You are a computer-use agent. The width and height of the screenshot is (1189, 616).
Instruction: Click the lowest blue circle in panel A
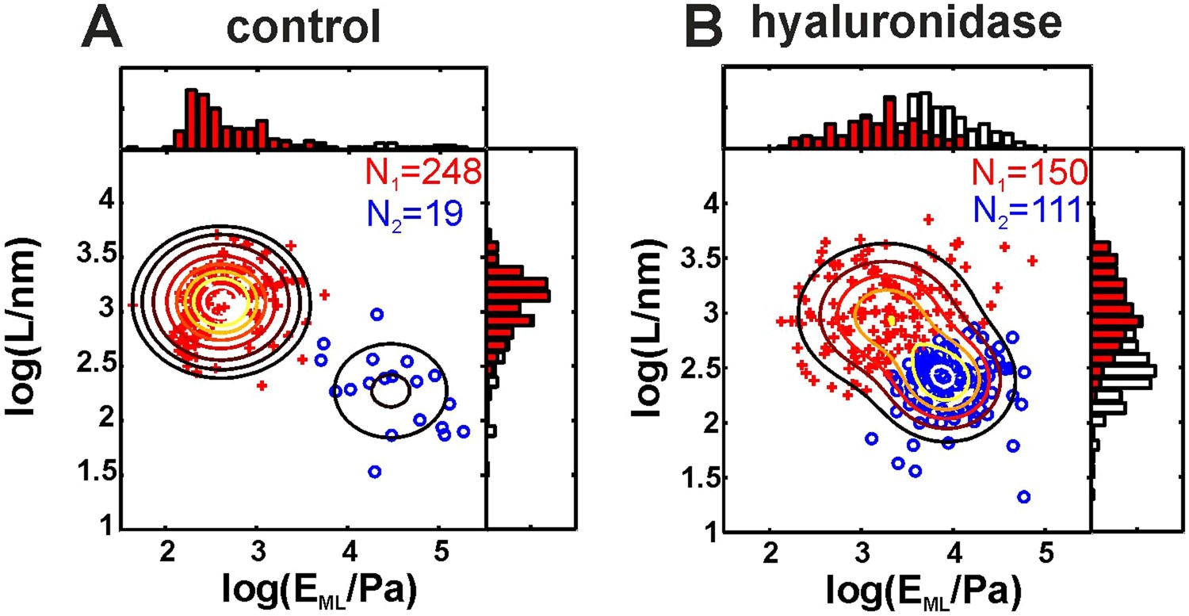375,472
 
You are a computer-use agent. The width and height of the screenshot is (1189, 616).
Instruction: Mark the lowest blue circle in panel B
1023,497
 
